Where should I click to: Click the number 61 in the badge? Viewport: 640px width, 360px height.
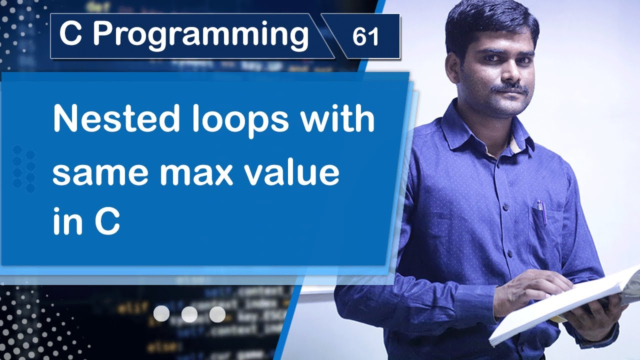click(365, 37)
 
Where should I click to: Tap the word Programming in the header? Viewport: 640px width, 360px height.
click(200, 35)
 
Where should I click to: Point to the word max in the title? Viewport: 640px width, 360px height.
click(206, 172)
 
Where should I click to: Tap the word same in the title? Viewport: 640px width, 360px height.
click(103, 172)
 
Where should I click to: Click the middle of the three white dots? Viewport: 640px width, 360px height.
click(189, 314)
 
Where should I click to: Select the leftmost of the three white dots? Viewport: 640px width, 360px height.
click(161, 314)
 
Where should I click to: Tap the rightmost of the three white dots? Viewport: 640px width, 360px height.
click(217, 314)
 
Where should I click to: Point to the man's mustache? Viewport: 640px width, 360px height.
click(509, 89)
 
